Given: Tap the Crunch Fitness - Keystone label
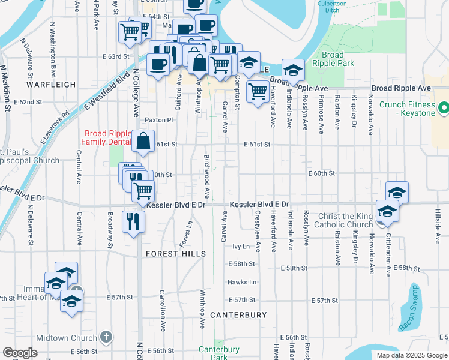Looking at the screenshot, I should click(x=406, y=109).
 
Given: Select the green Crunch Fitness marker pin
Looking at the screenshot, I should click(x=444, y=109).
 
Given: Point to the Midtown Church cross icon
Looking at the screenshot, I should click(x=106, y=338).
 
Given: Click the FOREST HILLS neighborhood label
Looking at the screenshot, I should click(x=176, y=254).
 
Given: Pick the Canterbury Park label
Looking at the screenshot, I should click(x=219, y=353).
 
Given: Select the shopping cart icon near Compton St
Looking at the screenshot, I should click(x=258, y=91).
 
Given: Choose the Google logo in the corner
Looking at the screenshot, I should click(x=20, y=353).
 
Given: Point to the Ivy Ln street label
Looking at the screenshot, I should click(x=241, y=247).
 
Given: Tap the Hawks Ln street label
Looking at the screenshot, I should click(x=241, y=282).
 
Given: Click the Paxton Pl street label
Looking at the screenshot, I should click(x=158, y=120).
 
